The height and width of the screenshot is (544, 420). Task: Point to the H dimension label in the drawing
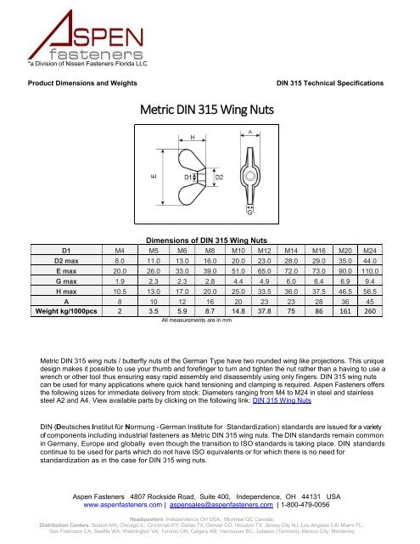(x=191, y=136)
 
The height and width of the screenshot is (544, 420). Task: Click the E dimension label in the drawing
(x=154, y=176)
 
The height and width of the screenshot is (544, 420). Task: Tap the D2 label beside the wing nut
(x=218, y=176)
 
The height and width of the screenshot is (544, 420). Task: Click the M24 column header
(x=369, y=251)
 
